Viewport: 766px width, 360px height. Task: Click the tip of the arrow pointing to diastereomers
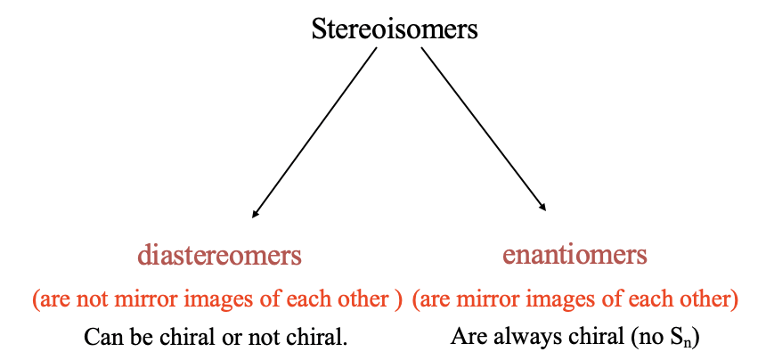click(x=252, y=217)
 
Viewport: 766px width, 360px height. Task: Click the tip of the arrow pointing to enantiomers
click(x=546, y=211)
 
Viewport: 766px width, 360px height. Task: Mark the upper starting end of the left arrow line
click(x=377, y=47)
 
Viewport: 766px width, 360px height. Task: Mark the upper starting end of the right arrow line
click(x=421, y=47)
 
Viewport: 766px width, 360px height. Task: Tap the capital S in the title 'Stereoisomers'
click(x=319, y=29)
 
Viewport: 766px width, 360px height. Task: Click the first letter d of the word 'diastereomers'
click(x=144, y=256)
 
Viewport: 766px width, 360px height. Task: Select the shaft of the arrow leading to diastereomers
click(x=314, y=133)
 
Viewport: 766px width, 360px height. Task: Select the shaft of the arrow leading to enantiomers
click(x=484, y=129)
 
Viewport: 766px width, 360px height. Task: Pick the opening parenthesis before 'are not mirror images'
click(x=36, y=299)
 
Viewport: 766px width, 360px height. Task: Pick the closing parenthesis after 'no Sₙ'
click(x=695, y=337)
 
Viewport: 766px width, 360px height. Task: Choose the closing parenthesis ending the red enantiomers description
click(x=734, y=299)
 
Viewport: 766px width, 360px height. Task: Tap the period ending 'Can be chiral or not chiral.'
click(x=345, y=343)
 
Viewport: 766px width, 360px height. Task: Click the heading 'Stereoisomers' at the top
click(x=395, y=29)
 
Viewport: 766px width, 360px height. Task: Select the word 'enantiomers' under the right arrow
click(x=575, y=256)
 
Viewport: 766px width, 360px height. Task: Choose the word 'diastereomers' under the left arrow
click(x=219, y=256)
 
